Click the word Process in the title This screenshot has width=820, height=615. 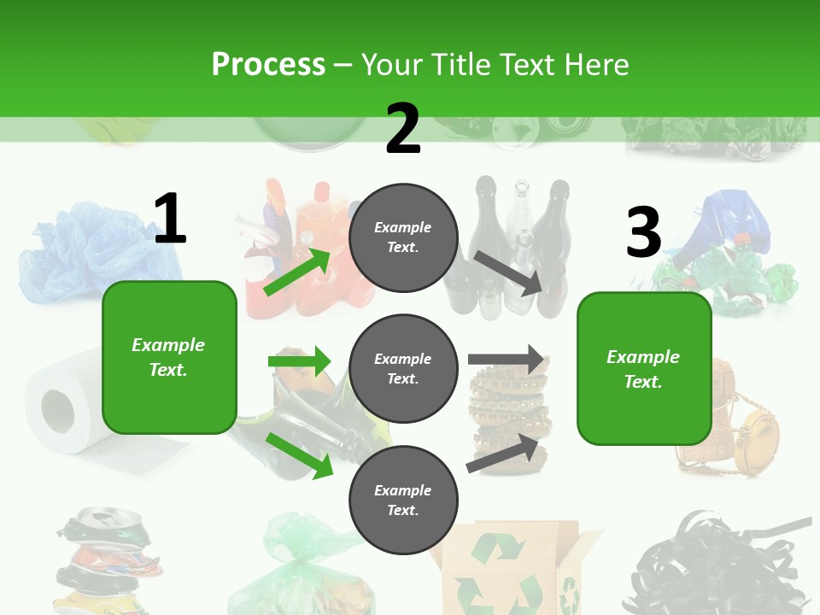click(x=268, y=65)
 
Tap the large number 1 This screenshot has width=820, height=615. click(x=170, y=219)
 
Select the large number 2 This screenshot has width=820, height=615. click(x=403, y=129)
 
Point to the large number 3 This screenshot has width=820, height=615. click(x=643, y=232)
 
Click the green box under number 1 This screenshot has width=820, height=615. click(x=169, y=357)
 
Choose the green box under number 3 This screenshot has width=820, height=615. click(x=643, y=369)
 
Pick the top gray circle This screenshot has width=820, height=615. click(x=403, y=237)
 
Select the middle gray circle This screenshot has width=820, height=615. click(x=403, y=369)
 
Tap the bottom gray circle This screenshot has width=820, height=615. click(x=403, y=501)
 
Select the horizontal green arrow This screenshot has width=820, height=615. click(x=299, y=361)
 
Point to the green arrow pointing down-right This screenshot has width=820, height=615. click(x=299, y=455)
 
